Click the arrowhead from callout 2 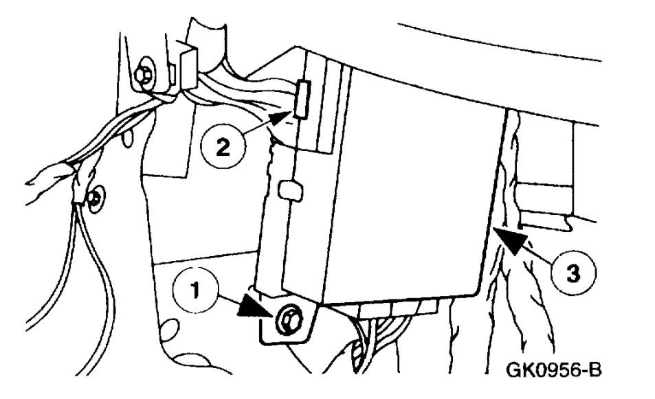click(282, 118)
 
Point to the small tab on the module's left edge click(290, 189)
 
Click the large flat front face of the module click(412, 199)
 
